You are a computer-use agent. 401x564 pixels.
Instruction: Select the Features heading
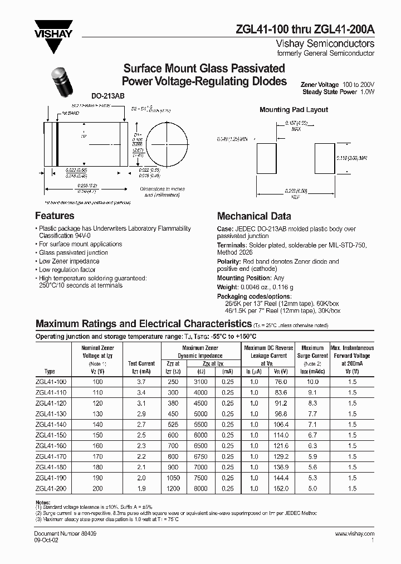click(x=55, y=216)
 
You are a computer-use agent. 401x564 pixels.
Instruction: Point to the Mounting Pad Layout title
click(x=294, y=110)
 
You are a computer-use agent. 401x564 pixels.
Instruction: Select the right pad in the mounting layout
click(x=326, y=159)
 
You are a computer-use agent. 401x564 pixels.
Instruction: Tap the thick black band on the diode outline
click(x=57, y=144)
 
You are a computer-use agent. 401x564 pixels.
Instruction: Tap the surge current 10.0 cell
click(x=312, y=382)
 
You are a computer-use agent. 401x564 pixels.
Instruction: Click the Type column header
click(x=50, y=371)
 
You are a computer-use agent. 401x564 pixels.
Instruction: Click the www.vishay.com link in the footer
click(x=355, y=534)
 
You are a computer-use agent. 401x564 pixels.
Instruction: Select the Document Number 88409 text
click(x=62, y=534)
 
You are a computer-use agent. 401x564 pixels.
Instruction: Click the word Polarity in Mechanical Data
click(x=229, y=261)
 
